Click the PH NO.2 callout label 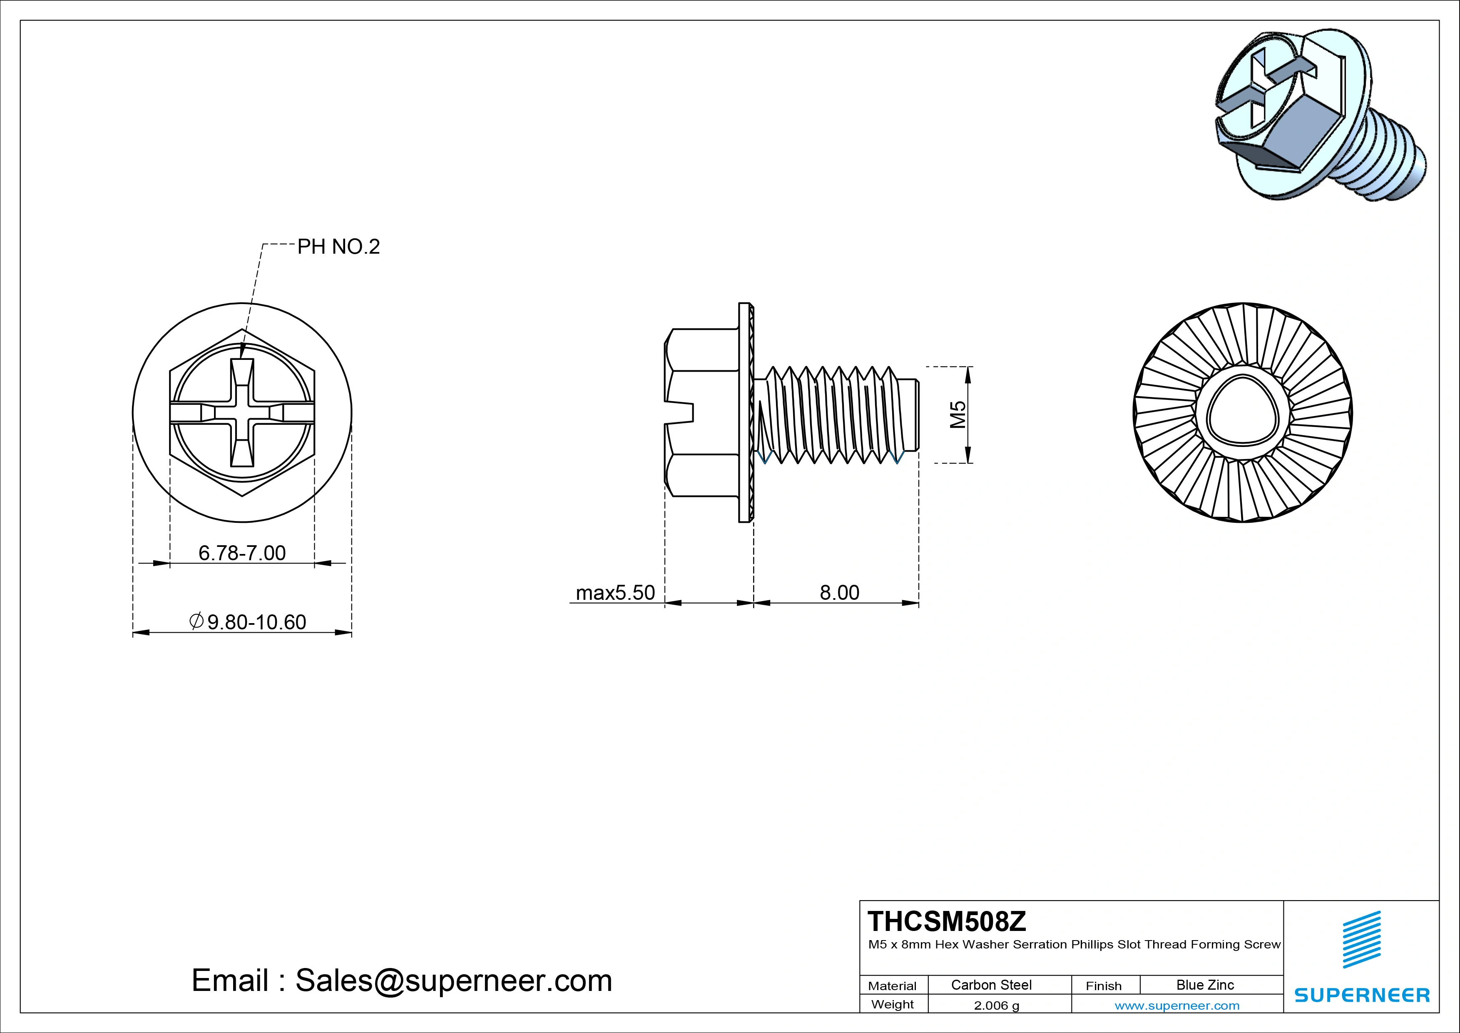point(338,247)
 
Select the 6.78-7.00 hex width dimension point(242,553)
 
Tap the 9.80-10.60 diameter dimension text point(249,621)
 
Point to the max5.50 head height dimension point(615,592)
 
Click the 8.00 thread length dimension point(839,592)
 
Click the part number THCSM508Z point(947,921)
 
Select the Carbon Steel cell point(991,985)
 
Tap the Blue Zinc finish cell point(1204,985)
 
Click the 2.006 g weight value point(996,1006)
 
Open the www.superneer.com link point(1176,1006)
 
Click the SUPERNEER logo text point(1361,995)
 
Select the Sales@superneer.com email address point(453,980)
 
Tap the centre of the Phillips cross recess point(242,412)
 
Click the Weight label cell point(892,1004)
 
